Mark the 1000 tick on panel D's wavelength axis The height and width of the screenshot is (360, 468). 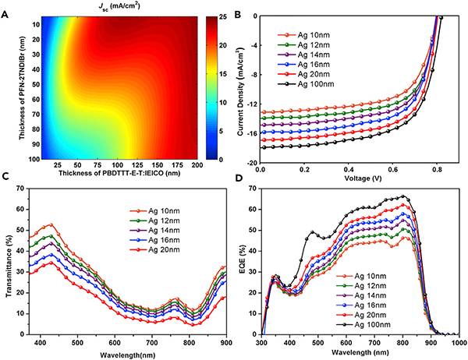click(457, 343)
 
